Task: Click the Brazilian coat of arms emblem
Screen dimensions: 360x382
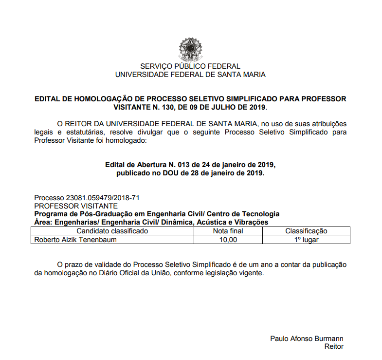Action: tap(190, 49)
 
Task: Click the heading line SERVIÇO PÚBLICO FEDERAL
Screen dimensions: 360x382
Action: tap(190, 66)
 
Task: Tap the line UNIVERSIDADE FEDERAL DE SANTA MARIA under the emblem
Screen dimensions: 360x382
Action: tap(190, 75)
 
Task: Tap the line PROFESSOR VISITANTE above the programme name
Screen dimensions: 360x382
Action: tap(76, 206)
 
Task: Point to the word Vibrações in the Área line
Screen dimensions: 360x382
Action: tap(251, 222)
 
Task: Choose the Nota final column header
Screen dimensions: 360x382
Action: tap(228, 231)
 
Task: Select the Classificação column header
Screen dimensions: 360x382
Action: tap(306, 231)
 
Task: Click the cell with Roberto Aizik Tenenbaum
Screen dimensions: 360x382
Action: tap(75, 239)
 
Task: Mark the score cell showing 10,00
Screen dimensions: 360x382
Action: tap(228, 239)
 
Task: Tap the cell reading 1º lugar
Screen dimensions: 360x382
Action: tap(306, 239)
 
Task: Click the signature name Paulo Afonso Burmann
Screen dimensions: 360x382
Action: tap(307, 339)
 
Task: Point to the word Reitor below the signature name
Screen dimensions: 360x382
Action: tap(334, 346)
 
